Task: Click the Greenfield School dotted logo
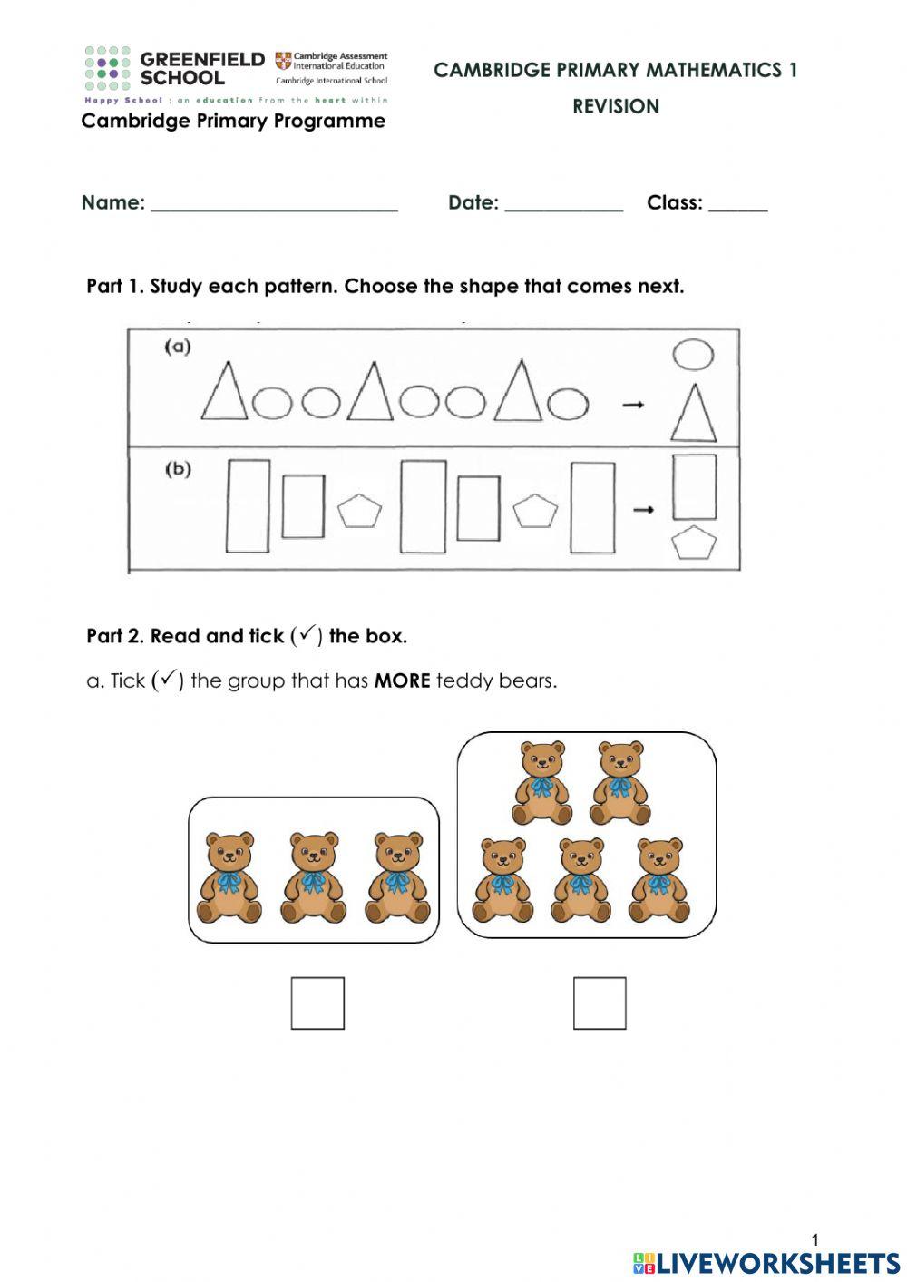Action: pos(107,68)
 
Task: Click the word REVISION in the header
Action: pos(616,106)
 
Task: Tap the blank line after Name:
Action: pos(274,205)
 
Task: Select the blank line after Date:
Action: pos(563,205)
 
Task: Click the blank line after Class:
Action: pos(737,205)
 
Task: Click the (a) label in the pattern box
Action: pos(177,346)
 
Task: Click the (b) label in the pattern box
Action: pos(178,469)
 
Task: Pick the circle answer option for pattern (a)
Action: pos(693,355)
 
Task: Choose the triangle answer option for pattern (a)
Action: pos(694,414)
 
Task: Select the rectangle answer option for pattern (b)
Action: pos(694,487)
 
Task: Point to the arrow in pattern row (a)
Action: pos(633,405)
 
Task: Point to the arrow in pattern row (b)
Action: pos(643,510)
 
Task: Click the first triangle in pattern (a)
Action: pos(224,392)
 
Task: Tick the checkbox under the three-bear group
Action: pos(317,1003)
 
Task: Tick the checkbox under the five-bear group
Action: pos(600,1003)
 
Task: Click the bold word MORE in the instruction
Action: pos(402,680)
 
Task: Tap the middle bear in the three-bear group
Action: pos(313,877)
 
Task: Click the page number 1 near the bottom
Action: pos(814,1239)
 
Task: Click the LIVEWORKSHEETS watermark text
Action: pos(766,1263)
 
